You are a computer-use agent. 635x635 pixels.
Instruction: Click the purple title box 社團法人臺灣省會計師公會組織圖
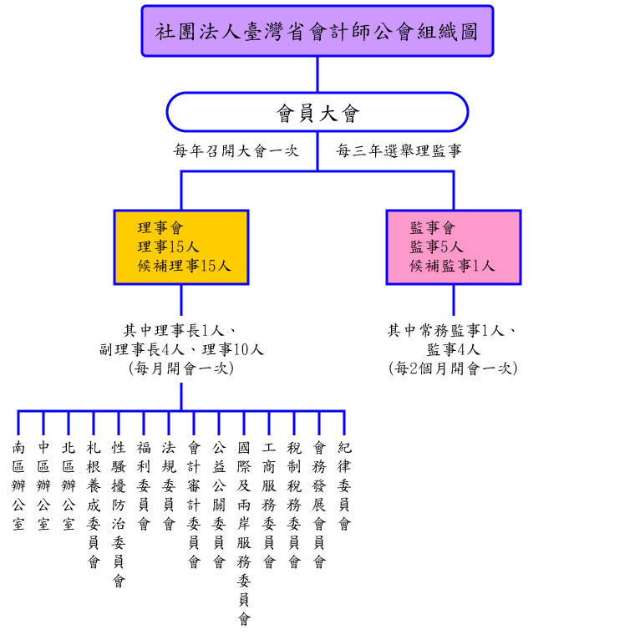tap(317, 32)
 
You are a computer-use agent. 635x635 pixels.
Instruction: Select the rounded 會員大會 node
tap(317, 112)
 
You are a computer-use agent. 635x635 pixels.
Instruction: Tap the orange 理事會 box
tap(181, 246)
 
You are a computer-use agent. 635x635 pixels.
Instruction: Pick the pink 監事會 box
tap(453, 246)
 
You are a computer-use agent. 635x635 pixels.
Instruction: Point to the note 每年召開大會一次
tap(236, 151)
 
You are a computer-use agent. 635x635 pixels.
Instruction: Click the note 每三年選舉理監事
tap(399, 151)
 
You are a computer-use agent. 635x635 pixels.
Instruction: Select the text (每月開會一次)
tap(181, 368)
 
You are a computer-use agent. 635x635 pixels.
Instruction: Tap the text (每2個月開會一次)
tap(453, 368)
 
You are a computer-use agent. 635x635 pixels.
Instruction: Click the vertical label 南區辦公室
tap(18, 485)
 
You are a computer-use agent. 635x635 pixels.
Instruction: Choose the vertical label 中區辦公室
tap(43, 485)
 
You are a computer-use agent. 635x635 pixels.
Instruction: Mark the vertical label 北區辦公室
tap(69, 485)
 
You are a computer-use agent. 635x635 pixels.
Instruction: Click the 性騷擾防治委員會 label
tap(119, 513)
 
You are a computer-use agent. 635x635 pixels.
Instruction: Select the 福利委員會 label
tap(144, 485)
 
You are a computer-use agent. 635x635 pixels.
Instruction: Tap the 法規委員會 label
tap(169, 485)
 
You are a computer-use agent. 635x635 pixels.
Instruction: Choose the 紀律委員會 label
tap(344, 485)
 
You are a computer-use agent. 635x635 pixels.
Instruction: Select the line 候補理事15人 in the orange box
tap(185, 266)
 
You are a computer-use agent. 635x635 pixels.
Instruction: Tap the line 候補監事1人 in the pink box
tap(452, 266)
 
